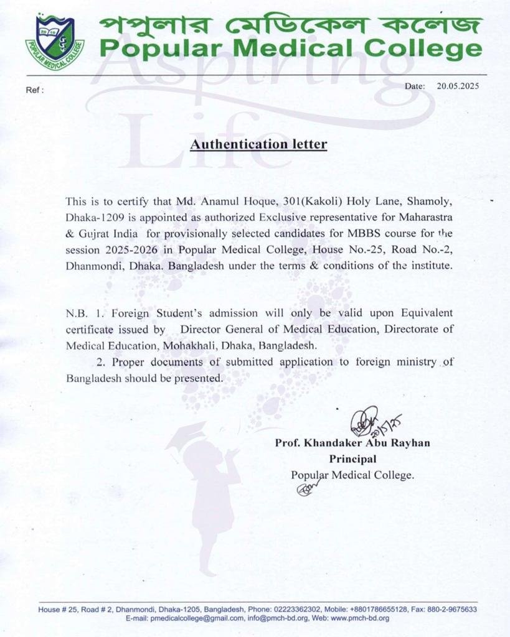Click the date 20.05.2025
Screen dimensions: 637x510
point(458,86)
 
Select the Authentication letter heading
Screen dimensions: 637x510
point(258,144)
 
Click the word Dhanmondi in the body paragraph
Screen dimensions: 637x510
point(90,266)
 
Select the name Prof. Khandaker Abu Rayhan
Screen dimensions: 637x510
point(352,443)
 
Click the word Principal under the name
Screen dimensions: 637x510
point(352,459)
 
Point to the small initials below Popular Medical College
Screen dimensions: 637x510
point(305,490)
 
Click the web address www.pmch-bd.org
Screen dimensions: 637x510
point(361,618)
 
